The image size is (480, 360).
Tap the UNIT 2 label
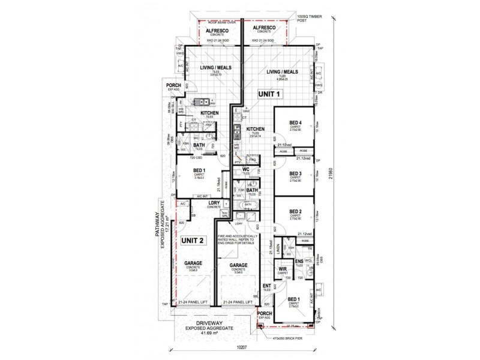193,240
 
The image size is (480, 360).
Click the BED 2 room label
295,211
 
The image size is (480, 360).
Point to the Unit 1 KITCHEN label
256,129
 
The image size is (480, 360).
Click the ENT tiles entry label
267,286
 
